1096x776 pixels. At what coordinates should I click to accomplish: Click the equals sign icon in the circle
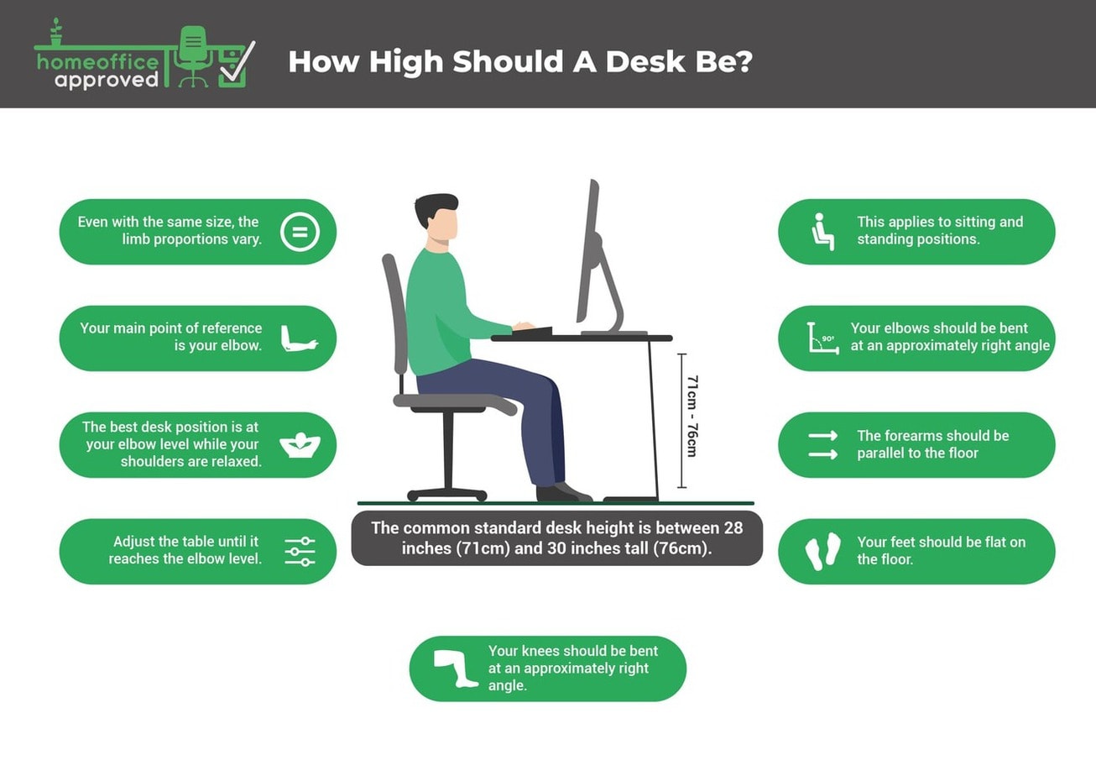coord(300,232)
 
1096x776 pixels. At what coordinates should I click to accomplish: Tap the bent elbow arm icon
coord(299,338)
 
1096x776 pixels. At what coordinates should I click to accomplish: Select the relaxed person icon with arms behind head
coord(300,444)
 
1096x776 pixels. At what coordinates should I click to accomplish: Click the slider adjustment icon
coord(300,552)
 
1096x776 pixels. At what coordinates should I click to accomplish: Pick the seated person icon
coord(822,232)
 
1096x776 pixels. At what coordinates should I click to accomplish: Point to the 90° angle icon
coord(822,338)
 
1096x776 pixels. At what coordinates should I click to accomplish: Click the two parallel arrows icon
coord(822,445)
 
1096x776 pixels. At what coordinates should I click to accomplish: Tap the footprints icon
coord(822,552)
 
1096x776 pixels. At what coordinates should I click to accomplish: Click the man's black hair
coord(436,207)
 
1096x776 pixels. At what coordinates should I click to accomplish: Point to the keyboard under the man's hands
coord(532,332)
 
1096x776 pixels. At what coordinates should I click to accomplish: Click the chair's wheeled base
coord(446,494)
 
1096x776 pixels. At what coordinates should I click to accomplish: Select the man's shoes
coord(562,492)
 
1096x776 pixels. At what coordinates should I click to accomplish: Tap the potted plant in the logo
coord(56,33)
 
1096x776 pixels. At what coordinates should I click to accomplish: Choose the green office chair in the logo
coord(193,54)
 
